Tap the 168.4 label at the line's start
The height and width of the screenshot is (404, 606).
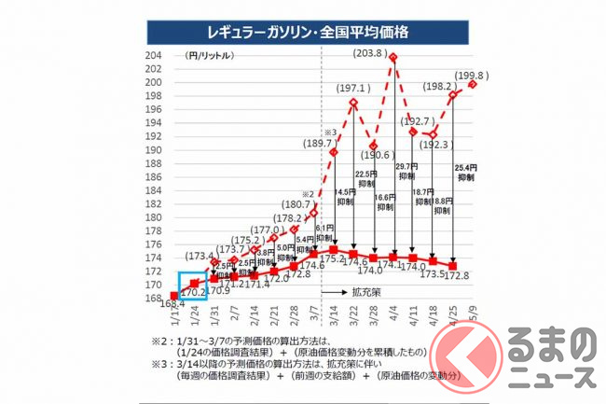pyautogui.click(x=169, y=303)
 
